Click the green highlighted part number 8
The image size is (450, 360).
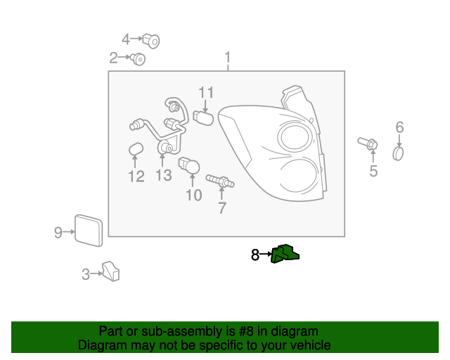(x=285, y=255)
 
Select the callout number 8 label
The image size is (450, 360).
(x=255, y=255)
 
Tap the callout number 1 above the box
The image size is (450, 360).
(x=227, y=56)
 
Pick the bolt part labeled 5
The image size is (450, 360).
(x=369, y=144)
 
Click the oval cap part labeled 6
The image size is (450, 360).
(x=399, y=153)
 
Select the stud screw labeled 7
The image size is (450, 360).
(x=219, y=182)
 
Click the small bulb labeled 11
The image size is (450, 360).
(x=203, y=117)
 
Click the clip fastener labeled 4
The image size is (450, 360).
(x=151, y=41)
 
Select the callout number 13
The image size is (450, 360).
(x=163, y=175)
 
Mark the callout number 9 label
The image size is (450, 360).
(x=58, y=231)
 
